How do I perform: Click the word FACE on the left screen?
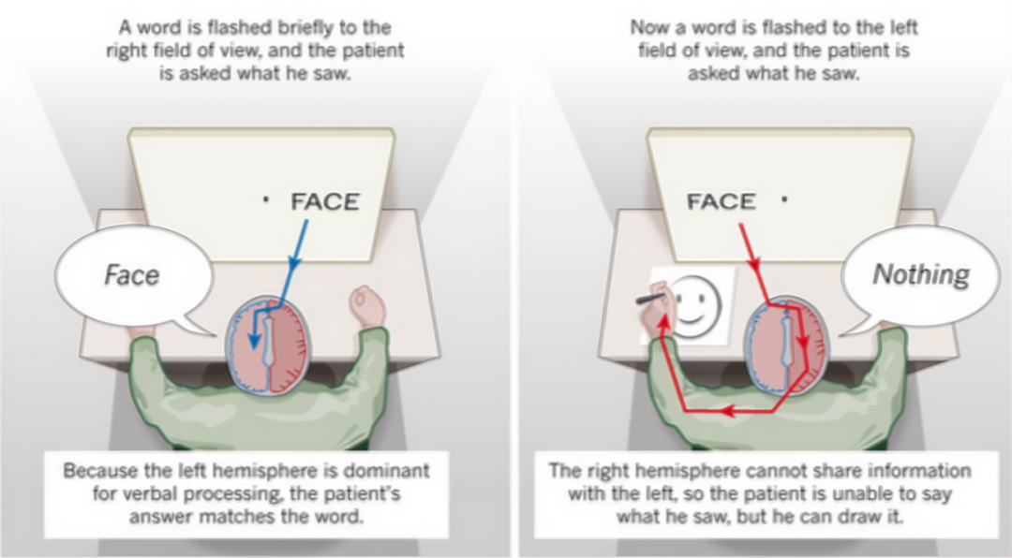[325, 201]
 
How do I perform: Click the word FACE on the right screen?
[722, 201]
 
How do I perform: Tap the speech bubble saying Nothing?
[920, 274]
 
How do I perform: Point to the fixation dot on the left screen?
[266, 199]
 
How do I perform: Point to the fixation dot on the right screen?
[783, 198]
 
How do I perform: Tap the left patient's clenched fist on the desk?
[367, 306]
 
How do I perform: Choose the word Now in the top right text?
[647, 26]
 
